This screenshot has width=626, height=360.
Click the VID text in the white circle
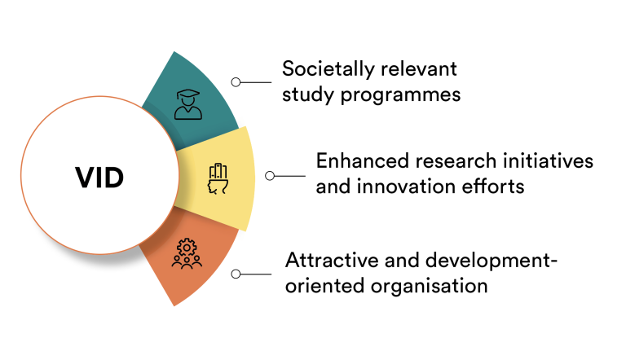[x=99, y=178]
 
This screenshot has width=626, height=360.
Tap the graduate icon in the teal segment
[x=188, y=104]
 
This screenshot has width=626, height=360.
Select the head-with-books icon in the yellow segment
[x=218, y=179]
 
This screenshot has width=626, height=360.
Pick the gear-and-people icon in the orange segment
[x=187, y=253]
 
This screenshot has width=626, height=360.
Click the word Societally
[x=328, y=69]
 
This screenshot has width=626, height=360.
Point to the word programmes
[x=400, y=96]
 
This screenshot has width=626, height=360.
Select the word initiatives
[x=548, y=160]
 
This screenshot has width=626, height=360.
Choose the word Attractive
[x=333, y=260]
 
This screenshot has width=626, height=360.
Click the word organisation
[x=430, y=286]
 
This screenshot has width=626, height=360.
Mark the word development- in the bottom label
[x=491, y=261]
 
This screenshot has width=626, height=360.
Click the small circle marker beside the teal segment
[x=236, y=82]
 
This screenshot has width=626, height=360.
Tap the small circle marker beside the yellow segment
[x=270, y=176]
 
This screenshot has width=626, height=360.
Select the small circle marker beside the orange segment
[x=236, y=274]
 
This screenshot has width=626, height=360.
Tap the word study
[x=308, y=96]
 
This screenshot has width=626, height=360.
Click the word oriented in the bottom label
[x=325, y=286]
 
